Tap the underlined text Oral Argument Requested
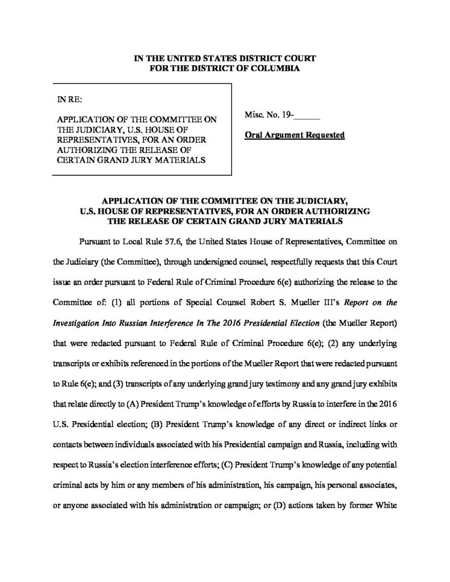tap(295, 136)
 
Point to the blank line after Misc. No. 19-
tap(308, 120)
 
